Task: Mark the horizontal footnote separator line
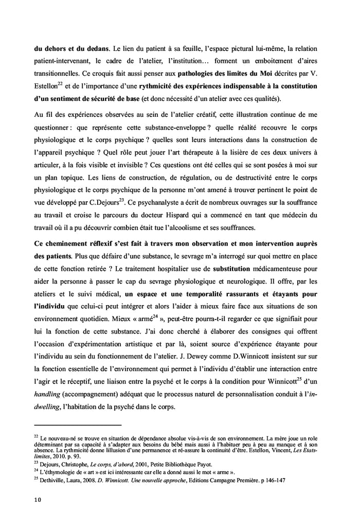pos(77,425)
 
